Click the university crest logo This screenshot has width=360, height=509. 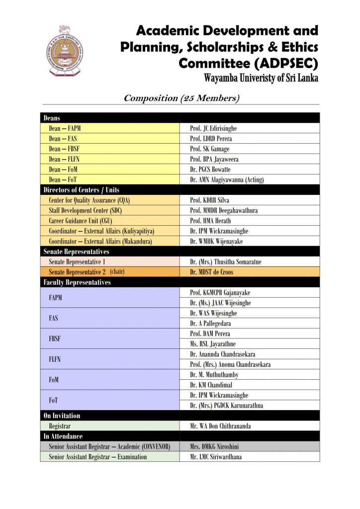[x=65, y=50]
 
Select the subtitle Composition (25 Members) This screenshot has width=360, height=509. [x=181, y=98]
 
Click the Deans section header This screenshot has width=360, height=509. [x=52, y=118]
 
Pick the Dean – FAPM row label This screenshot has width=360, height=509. [x=65, y=128]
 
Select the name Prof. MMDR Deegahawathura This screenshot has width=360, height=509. [x=224, y=210]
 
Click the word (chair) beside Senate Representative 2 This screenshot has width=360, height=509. [x=117, y=272]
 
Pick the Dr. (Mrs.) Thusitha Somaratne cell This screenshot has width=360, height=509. [x=225, y=261]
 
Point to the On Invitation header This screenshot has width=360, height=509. [x=62, y=416]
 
